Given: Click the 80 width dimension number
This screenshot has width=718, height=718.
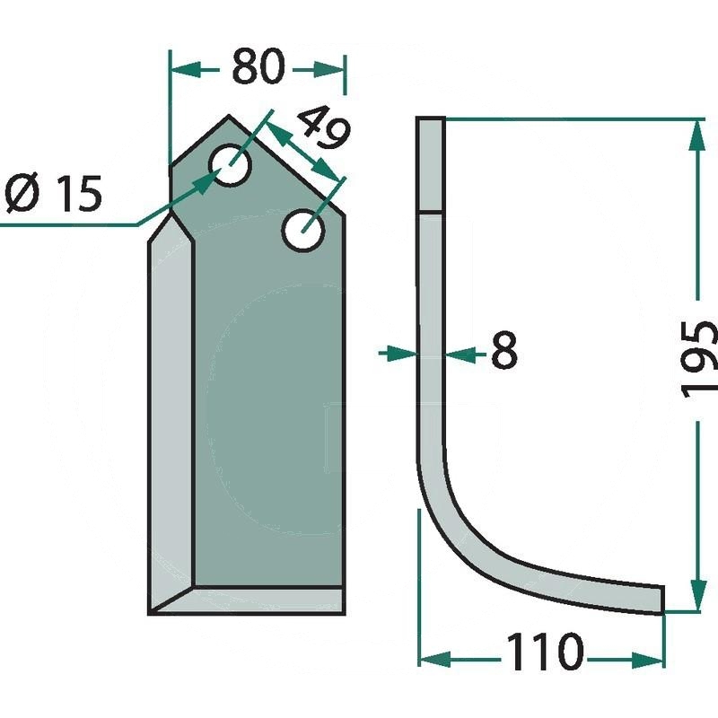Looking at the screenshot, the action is (258, 66).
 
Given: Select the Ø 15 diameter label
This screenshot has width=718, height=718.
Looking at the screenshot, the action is (53, 194).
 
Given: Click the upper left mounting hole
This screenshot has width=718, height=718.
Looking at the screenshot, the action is (231, 165).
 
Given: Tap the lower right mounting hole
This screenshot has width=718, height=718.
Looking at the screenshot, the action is (303, 231).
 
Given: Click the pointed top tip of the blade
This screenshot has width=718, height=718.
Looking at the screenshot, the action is (229, 116).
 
